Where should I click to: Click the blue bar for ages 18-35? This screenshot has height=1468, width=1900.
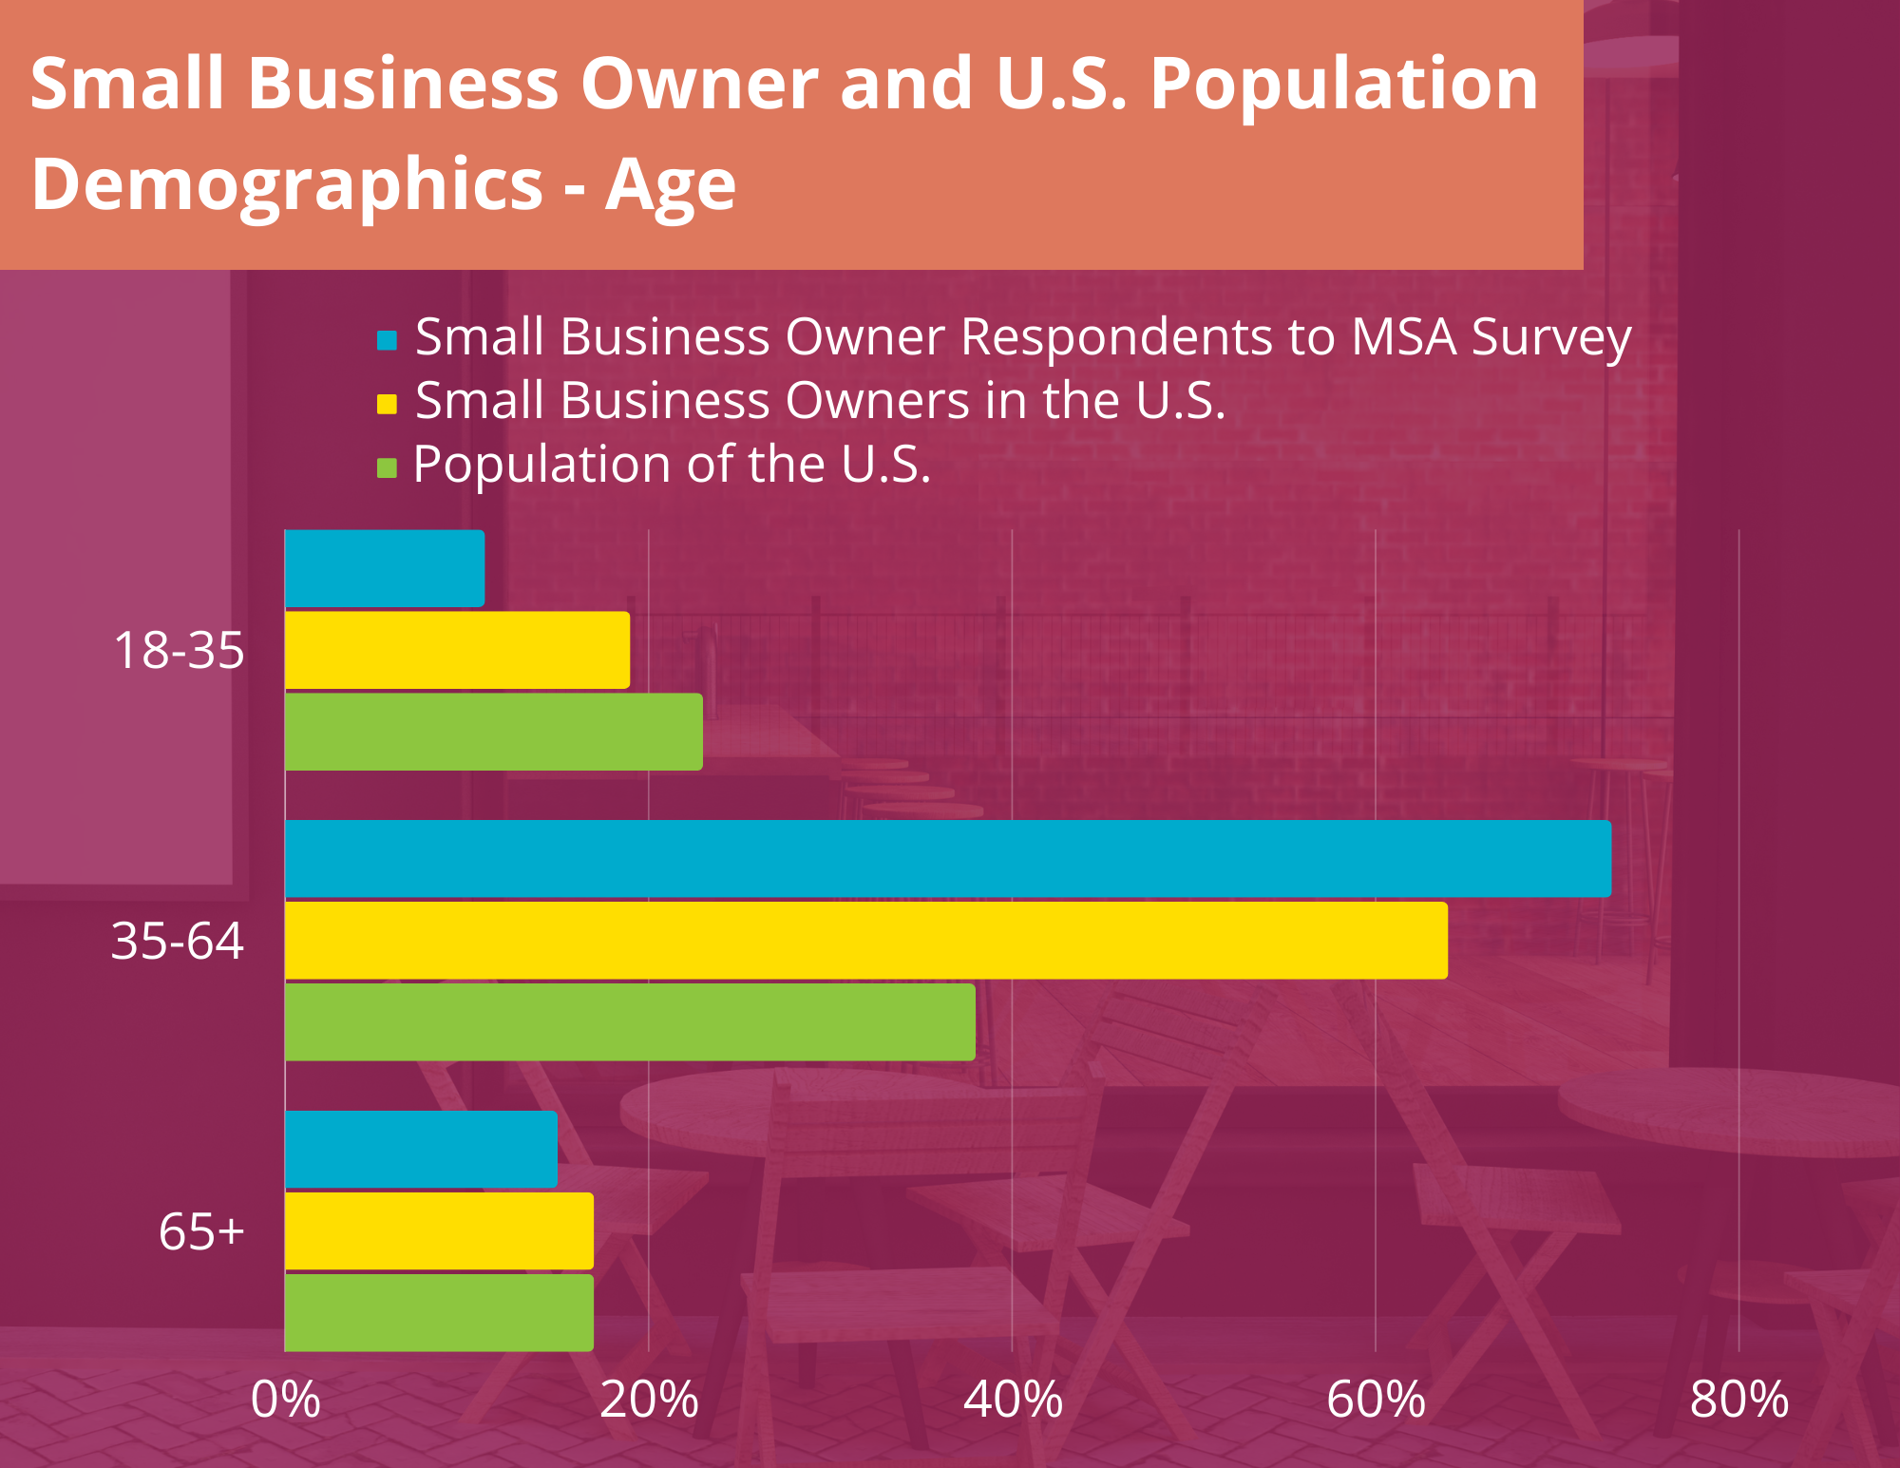(385, 568)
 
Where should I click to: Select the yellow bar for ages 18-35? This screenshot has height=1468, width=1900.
(457, 650)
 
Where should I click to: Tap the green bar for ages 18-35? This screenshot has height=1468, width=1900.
(494, 732)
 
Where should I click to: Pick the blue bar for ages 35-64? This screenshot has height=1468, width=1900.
(948, 859)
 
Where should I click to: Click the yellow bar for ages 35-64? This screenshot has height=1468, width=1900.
(866, 941)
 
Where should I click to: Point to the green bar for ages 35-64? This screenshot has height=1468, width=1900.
(630, 1022)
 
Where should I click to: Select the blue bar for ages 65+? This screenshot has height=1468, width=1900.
(421, 1149)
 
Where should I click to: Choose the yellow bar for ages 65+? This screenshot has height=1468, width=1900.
(439, 1230)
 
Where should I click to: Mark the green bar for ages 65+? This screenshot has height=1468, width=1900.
(439, 1312)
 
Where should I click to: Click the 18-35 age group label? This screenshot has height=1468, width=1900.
(179, 651)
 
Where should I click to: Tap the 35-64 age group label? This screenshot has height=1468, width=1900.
(178, 942)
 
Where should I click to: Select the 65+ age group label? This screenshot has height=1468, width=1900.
(201, 1231)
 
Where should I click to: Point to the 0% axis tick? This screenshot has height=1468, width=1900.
(285, 1400)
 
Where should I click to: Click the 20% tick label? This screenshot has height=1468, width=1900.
(649, 1400)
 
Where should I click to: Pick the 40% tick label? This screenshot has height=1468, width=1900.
(1013, 1400)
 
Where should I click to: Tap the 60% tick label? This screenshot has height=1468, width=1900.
(1376, 1400)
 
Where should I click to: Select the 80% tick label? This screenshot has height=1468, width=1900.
(1739, 1400)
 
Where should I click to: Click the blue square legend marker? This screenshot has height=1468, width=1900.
(387, 339)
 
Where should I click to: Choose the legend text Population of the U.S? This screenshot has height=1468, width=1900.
(672, 465)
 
